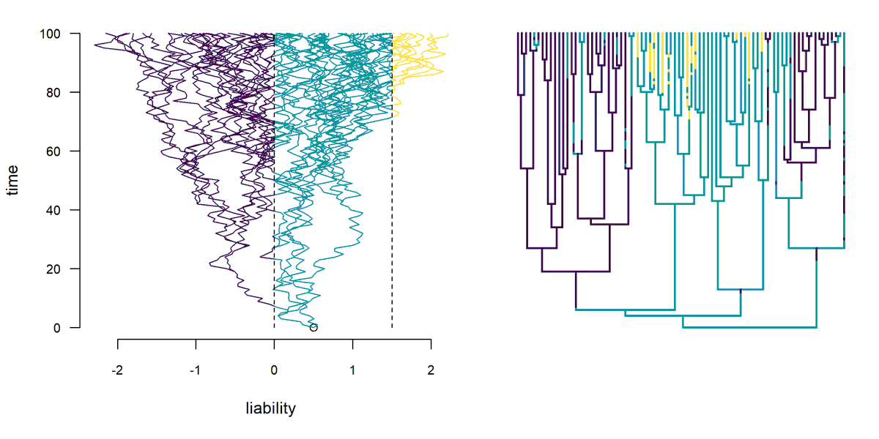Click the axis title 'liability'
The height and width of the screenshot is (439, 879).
coord(270,408)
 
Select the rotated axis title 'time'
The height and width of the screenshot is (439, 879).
coord(12,180)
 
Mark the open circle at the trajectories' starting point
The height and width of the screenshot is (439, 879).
coord(314,327)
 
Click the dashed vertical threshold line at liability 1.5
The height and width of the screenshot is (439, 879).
coord(392,219)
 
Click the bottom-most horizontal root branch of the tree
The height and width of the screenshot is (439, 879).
coord(747,327)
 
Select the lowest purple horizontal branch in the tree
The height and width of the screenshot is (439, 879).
coord(593,271)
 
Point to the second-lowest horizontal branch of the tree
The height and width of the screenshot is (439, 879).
coord(681,315)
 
